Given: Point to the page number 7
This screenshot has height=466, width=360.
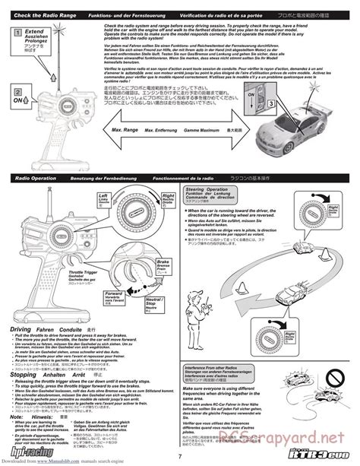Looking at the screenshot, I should [x=180, y=453].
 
